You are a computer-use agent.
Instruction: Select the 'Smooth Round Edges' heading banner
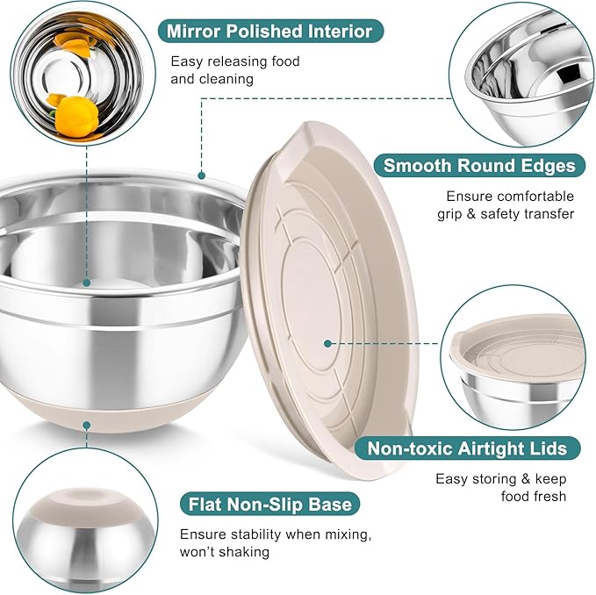[479, 165]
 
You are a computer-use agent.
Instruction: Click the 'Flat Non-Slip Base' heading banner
[269, 504]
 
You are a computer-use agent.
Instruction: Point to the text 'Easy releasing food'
[235, 61]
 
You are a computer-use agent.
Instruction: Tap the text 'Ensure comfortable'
[509, 196]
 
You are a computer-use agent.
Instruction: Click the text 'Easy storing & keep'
[501, 479]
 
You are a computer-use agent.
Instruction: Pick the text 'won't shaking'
[225, 552]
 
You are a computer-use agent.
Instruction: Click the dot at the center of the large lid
[327, 344]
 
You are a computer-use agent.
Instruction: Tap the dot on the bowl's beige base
[87, 425]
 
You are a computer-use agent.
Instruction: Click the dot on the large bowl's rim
[201, 175]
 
